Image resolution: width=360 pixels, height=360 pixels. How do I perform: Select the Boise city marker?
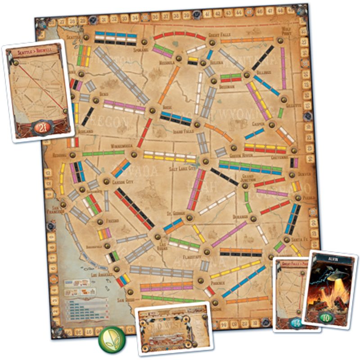point(152,110)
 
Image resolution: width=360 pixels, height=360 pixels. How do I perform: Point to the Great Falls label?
point(220,35)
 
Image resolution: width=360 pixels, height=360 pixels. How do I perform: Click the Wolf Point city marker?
point(280,40)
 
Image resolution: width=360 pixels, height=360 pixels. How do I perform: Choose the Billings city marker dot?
point(247,75)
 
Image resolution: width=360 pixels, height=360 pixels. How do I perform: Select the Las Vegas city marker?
point(158,236)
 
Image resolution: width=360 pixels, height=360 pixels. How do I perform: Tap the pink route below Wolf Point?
point(283,67)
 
